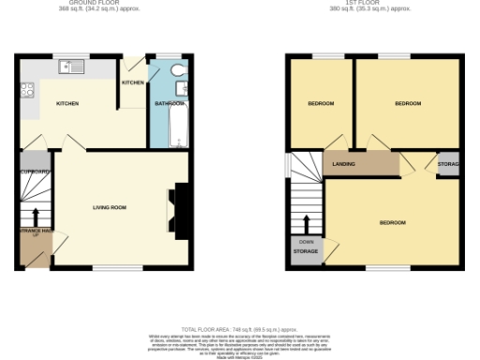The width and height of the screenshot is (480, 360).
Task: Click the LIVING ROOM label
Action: click(x=109, y=206)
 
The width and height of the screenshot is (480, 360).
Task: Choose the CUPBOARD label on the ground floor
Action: click(x=34, y=172)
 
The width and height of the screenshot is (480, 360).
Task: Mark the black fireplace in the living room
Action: click(x=177, y=210)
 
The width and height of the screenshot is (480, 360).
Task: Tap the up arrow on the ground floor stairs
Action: click(x=36, y=217)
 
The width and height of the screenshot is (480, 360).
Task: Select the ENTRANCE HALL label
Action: click(x=34, y=231)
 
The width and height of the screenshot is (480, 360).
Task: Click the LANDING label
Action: click(x=343, y=164)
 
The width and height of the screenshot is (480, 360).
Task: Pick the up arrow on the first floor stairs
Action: click(x=306, y=225)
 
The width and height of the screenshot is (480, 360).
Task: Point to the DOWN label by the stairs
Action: click(x=306, y=241)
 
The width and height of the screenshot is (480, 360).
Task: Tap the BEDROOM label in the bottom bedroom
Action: click(x=392, y=222)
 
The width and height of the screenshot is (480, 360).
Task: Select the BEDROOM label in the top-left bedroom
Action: click(x=321, y=103)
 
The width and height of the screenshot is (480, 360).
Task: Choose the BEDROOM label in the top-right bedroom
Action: click(x=407, y=103)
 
